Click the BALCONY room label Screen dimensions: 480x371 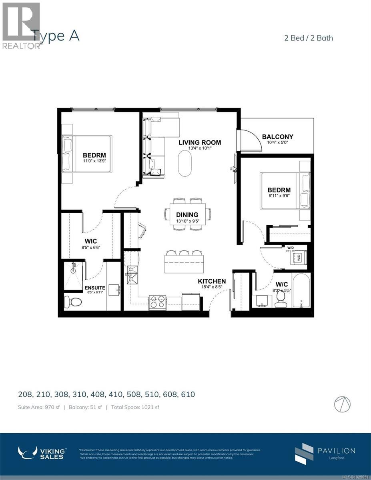pos(277,137)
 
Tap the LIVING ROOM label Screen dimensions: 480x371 pos(200,142)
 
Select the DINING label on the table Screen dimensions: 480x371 pos(188,215)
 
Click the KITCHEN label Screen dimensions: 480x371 pos(212,281)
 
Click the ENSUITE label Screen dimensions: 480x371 pos(95,288)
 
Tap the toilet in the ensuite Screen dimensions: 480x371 pos(72,301)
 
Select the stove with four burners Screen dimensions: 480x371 pos(157,302)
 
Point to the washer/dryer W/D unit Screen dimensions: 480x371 pos(299,258)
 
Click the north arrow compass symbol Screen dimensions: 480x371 pos(342,404)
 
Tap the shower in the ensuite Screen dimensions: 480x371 pos(73,276)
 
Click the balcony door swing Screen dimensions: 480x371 pos(250,141)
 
